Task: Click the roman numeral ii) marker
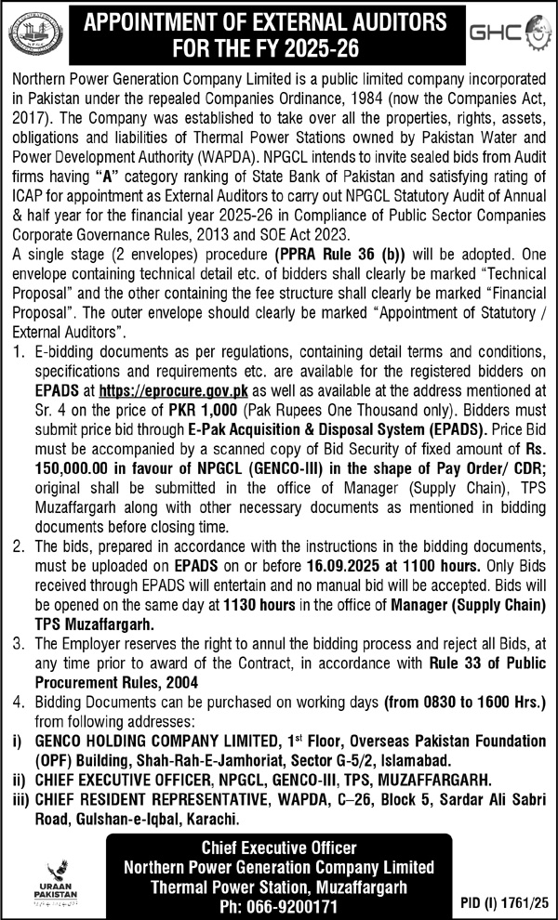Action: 16,782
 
